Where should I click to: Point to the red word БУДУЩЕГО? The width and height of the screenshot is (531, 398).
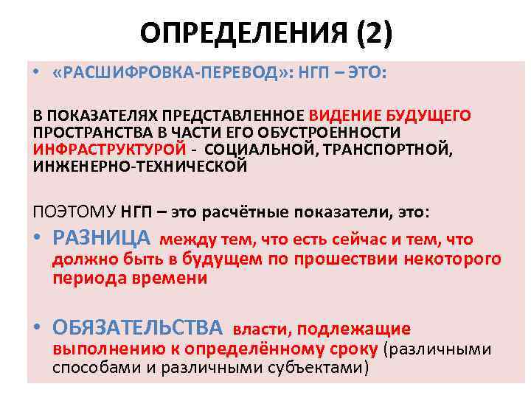coord(428,116)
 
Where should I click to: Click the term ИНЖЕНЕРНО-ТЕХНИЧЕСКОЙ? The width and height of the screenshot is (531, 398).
coord(139,165)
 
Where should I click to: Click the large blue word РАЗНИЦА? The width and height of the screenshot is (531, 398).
coord(102,238)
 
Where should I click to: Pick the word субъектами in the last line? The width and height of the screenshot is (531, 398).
coord(322,368)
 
